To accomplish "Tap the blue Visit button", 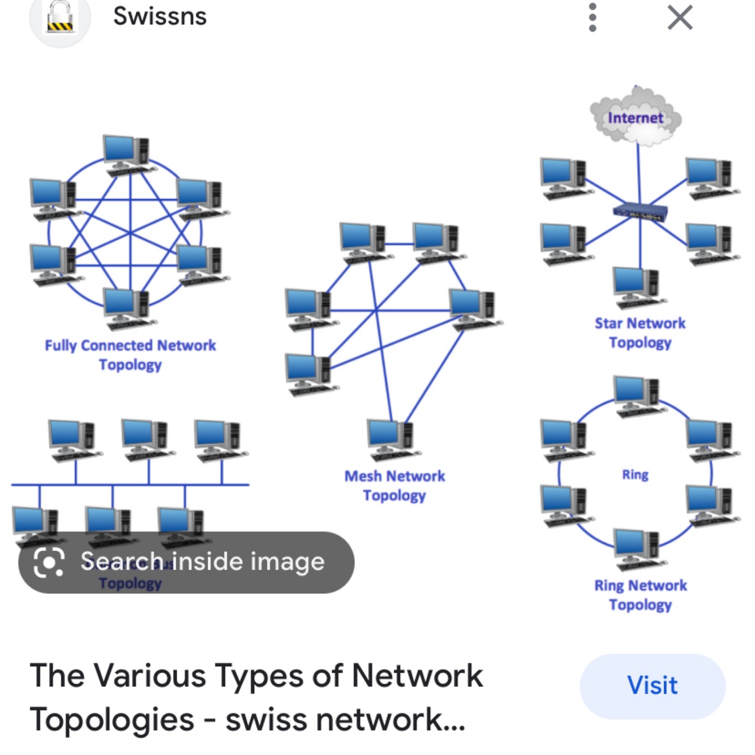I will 652,686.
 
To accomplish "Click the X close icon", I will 680,18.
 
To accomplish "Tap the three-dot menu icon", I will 592,18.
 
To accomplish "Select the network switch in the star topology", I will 640,212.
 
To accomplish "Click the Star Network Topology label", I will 640,333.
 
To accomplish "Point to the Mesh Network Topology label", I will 394,486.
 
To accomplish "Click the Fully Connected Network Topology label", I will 130,355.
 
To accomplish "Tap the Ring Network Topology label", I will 640,595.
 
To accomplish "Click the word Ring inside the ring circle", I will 635,475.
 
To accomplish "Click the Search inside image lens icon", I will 49,562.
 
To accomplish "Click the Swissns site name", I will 160,16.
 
